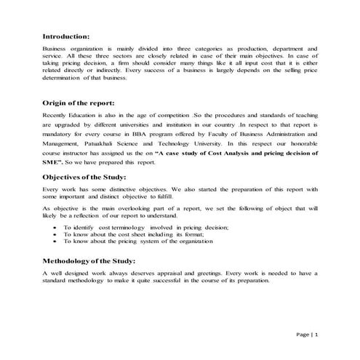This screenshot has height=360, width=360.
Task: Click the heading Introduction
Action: point(65,36)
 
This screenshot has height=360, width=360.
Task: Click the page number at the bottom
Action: point(308,334)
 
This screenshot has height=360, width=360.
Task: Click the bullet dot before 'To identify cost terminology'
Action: point(56,228)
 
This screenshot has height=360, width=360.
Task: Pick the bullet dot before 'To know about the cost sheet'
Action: point(56,235)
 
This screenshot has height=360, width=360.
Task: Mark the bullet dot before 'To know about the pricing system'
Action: point(56,242)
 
